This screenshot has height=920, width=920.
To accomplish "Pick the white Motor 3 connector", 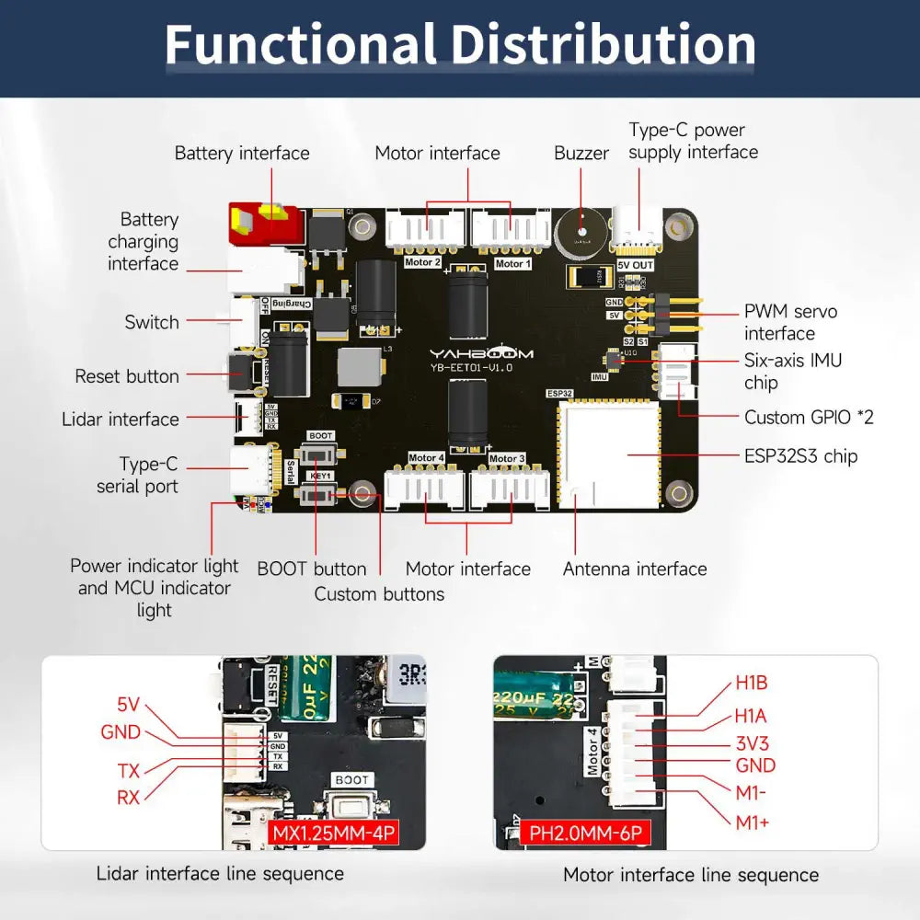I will [x=510, y=488].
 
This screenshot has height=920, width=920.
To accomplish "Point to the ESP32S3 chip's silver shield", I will [x=609, y=454].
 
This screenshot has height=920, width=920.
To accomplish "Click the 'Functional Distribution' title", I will [x=460, y=44].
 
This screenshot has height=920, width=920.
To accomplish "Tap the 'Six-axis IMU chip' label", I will [x=792, y=372].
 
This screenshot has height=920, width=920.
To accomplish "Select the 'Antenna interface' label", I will [x=635, y=569].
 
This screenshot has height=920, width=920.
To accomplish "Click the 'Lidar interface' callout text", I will [x=121, y=420].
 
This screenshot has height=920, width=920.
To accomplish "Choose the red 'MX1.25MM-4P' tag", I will [x=334, y=834].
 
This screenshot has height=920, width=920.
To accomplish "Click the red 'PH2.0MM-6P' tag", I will [x=585, y=834].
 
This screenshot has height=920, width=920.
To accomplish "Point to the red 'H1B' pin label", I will [x=751, y=683].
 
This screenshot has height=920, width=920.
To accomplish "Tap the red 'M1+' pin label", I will [x=752, y=822].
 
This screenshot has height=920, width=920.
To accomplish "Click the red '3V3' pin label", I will [x=752, y=742].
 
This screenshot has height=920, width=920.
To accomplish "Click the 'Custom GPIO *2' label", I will [x=809, y=418].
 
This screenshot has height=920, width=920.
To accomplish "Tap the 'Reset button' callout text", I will [x=127, y=377].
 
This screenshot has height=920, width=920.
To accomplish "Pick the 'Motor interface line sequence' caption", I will [x=690, y=875].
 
